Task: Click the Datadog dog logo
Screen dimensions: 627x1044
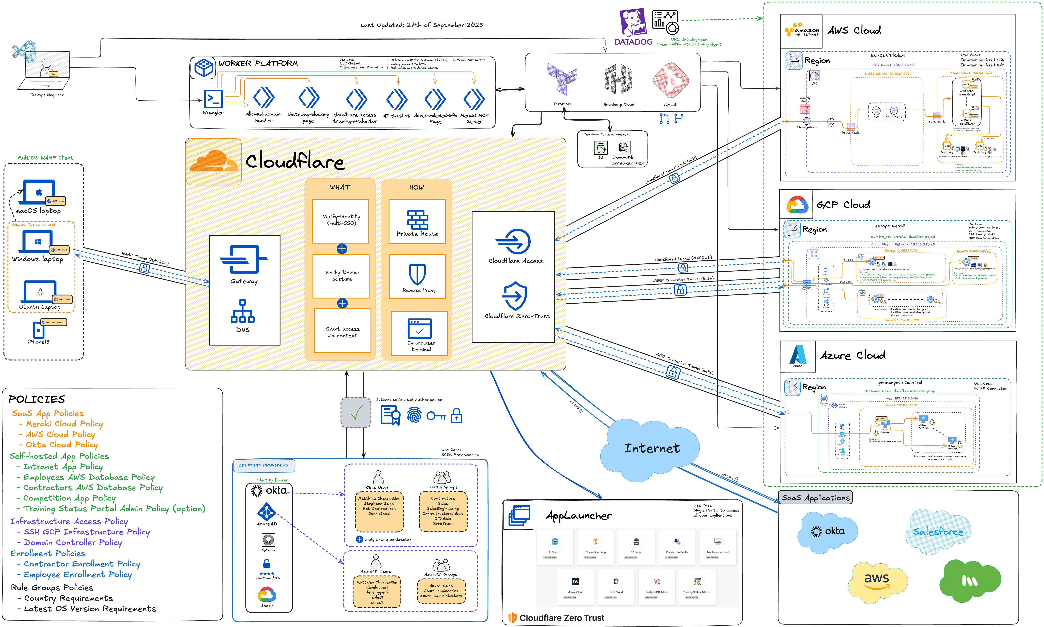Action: (633, 22)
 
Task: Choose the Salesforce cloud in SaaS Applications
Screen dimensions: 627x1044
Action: (938, 532)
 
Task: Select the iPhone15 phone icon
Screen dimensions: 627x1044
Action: (39, 330)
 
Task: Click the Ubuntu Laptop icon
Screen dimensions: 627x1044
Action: (40, 292)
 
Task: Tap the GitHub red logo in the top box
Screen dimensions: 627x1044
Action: (670, 80)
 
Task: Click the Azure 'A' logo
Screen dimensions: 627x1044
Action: (798, 354)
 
